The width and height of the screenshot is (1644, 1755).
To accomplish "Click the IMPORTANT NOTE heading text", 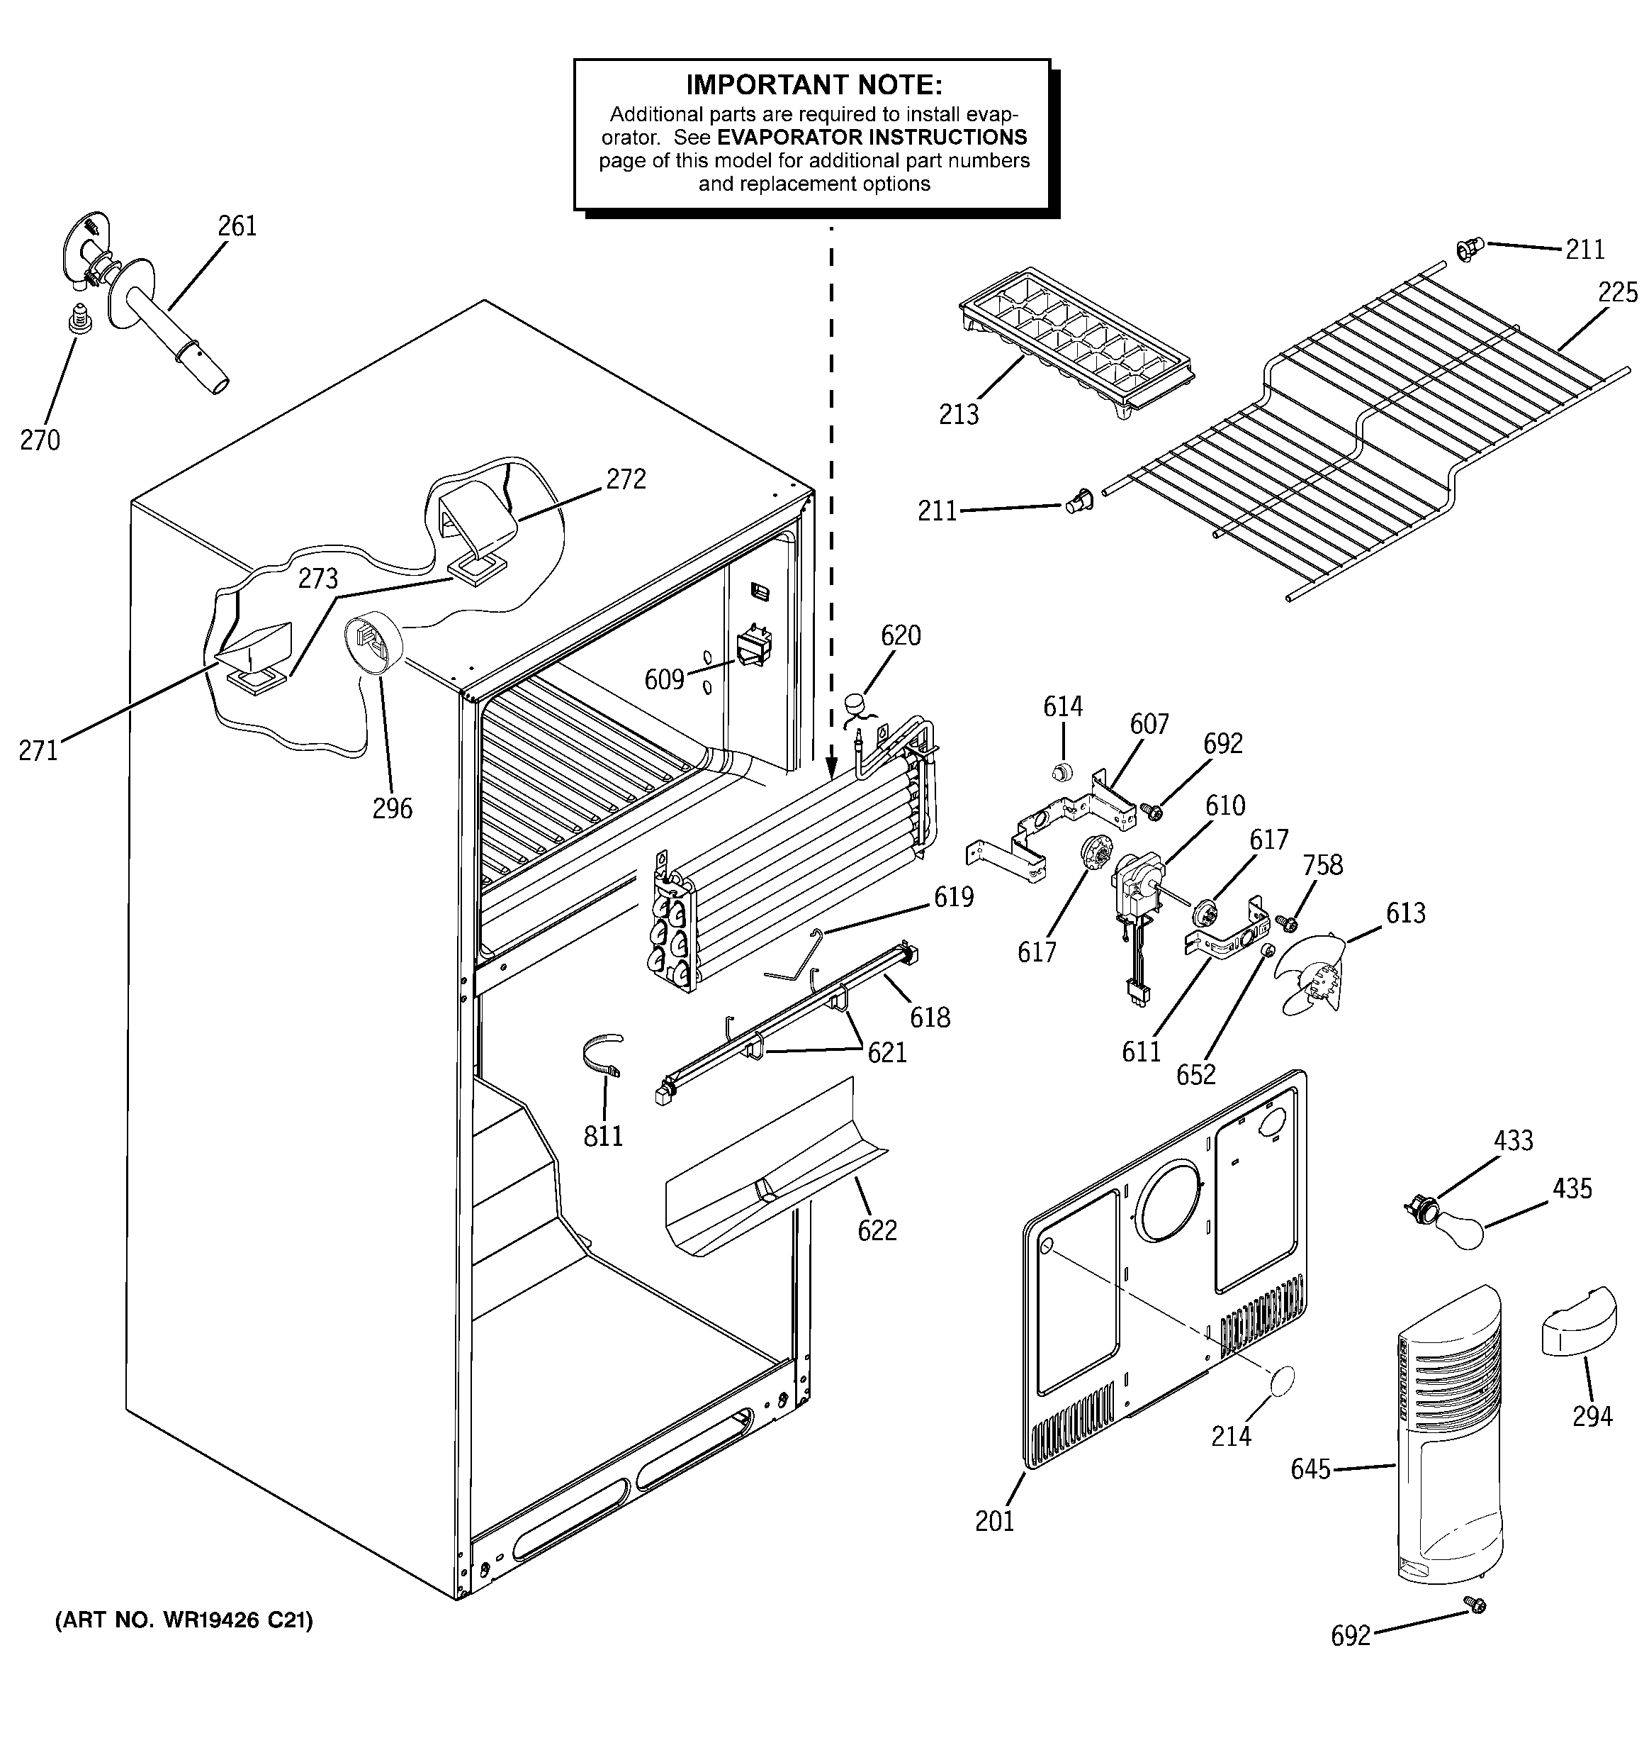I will pyautogui.click(x=813, y=86).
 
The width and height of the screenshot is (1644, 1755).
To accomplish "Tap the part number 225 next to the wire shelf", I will pyautogui.click(x=1616, y=292).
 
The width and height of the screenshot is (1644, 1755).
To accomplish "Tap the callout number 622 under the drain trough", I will pyautogui.click(x=877, y=1230).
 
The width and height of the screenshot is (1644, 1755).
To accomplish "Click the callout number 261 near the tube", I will pyautogui.click(x=237, y=226).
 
